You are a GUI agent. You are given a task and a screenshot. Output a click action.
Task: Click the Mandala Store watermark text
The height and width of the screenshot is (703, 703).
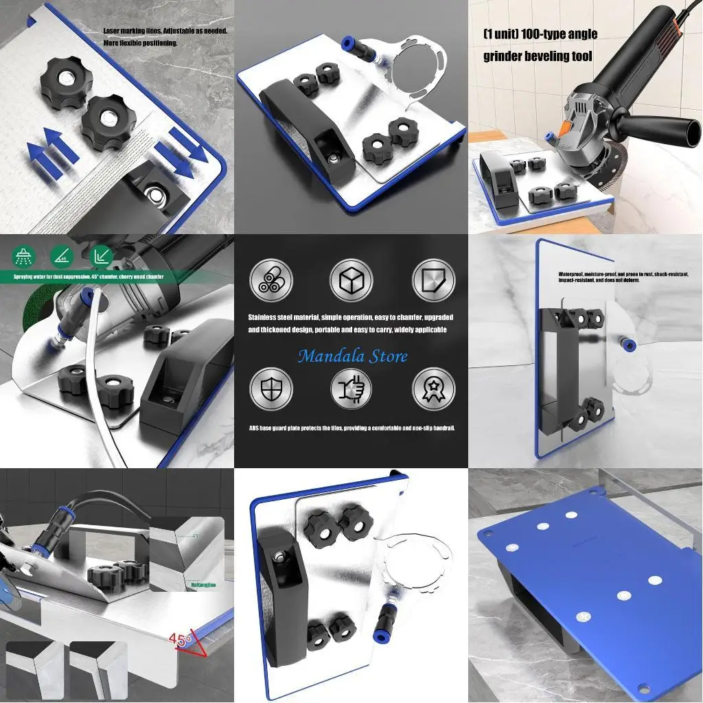[x=352, y=356]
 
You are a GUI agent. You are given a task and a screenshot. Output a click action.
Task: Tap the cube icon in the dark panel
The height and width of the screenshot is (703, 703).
[x=351, y=280]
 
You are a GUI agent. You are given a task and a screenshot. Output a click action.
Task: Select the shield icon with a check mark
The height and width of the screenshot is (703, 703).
[x=270, y=389]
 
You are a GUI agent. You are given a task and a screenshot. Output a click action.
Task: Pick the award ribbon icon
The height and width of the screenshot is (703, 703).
[x=433, y=389]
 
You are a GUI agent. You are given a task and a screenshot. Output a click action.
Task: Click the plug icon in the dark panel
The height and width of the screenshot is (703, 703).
[x=351, y=389]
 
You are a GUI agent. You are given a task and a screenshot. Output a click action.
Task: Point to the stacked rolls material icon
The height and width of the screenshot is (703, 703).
[x=270, y=280]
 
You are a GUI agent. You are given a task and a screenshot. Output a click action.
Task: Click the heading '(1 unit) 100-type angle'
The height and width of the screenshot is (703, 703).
[x=540, y=34]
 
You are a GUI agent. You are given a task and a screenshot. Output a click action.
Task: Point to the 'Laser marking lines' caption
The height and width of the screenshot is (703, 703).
[x=165, y=32]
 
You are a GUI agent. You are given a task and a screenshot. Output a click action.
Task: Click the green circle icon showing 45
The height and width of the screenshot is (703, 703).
[x=62, y=257]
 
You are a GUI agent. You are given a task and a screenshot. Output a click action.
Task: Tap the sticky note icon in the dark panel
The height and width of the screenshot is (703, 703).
[x=433, y=280]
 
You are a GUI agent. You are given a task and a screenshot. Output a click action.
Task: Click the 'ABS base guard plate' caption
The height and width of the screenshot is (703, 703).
[x=351, y=428]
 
